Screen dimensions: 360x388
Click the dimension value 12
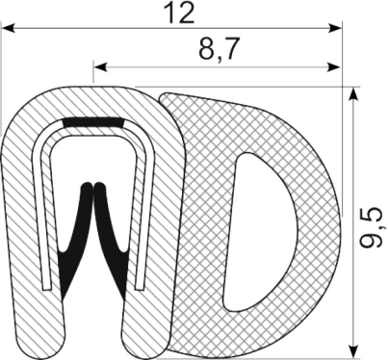click(x=178, y=13)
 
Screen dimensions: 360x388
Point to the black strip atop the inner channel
click(x=93, y=123)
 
